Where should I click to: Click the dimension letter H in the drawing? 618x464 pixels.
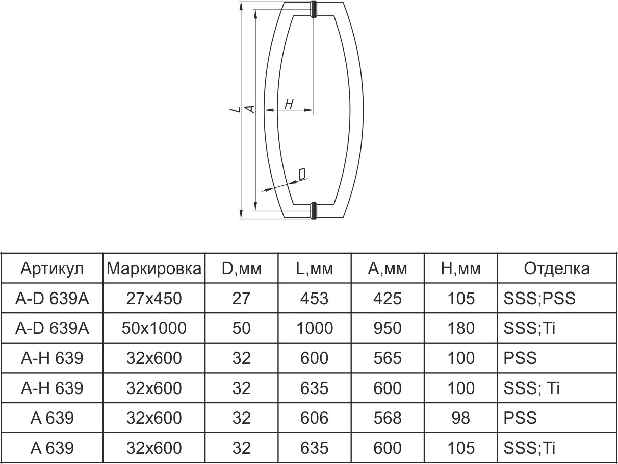[289, 105]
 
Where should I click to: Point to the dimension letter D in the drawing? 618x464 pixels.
[302, 175]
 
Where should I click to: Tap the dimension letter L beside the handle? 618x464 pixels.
[234, 109]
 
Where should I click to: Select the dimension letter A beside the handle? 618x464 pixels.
[249, 108]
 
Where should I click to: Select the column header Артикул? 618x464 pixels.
[52, 268]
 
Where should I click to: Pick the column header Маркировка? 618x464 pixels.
[154, 268]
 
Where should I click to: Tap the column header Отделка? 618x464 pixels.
[557, 268]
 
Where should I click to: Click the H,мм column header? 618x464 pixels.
[460, 268]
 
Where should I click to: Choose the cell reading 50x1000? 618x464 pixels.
[154, 328]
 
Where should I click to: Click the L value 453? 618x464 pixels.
[314, 298]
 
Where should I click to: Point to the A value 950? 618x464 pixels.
[388, 328]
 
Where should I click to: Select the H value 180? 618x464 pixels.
[460, 328]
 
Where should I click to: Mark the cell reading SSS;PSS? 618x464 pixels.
[539, 298]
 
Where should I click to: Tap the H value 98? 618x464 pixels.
[460, 418]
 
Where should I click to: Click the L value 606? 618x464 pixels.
[314, 418]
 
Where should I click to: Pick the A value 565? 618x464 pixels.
[388, 358]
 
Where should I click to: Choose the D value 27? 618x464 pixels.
[241, 298]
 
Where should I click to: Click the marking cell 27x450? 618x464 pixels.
[154, 298]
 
